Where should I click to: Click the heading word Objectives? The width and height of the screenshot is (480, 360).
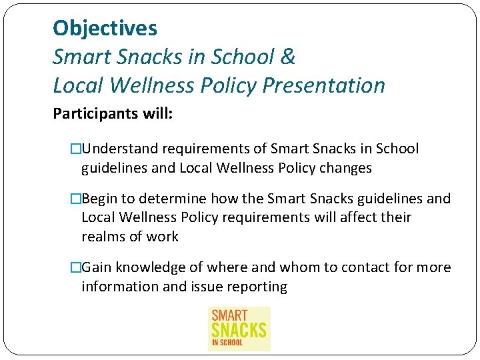(105, 28)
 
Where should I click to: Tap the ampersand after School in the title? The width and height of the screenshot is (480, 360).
(288, 57)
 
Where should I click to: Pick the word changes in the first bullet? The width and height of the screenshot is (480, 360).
(345, 168)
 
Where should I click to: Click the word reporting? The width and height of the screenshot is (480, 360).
(259, 287)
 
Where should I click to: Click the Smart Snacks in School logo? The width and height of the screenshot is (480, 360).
(239, 328)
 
